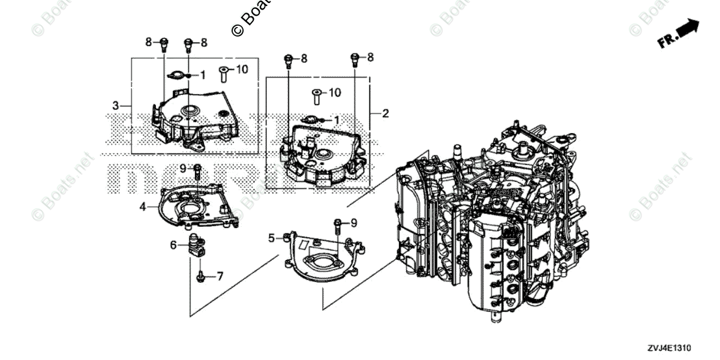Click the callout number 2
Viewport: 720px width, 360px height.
point(386,112)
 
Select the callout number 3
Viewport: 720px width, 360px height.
point(116,106)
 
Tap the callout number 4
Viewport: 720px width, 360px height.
point(143,207)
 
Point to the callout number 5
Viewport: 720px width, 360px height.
point(271,238)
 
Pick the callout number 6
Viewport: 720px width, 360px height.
point(173,245)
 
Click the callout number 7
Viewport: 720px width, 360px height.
point(220,277)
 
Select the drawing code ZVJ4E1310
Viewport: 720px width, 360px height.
point(670,348)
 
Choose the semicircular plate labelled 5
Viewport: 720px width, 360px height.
point(324,258)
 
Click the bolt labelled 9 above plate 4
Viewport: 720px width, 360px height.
point(197,170)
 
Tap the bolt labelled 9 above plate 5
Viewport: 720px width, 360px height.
point(338,226)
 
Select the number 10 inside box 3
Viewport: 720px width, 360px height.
point(241,70)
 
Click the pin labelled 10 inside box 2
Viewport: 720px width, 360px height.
point(316,96)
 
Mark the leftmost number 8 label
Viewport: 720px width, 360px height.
point(148,42)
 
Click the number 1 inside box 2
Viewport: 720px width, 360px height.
point(336,120)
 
